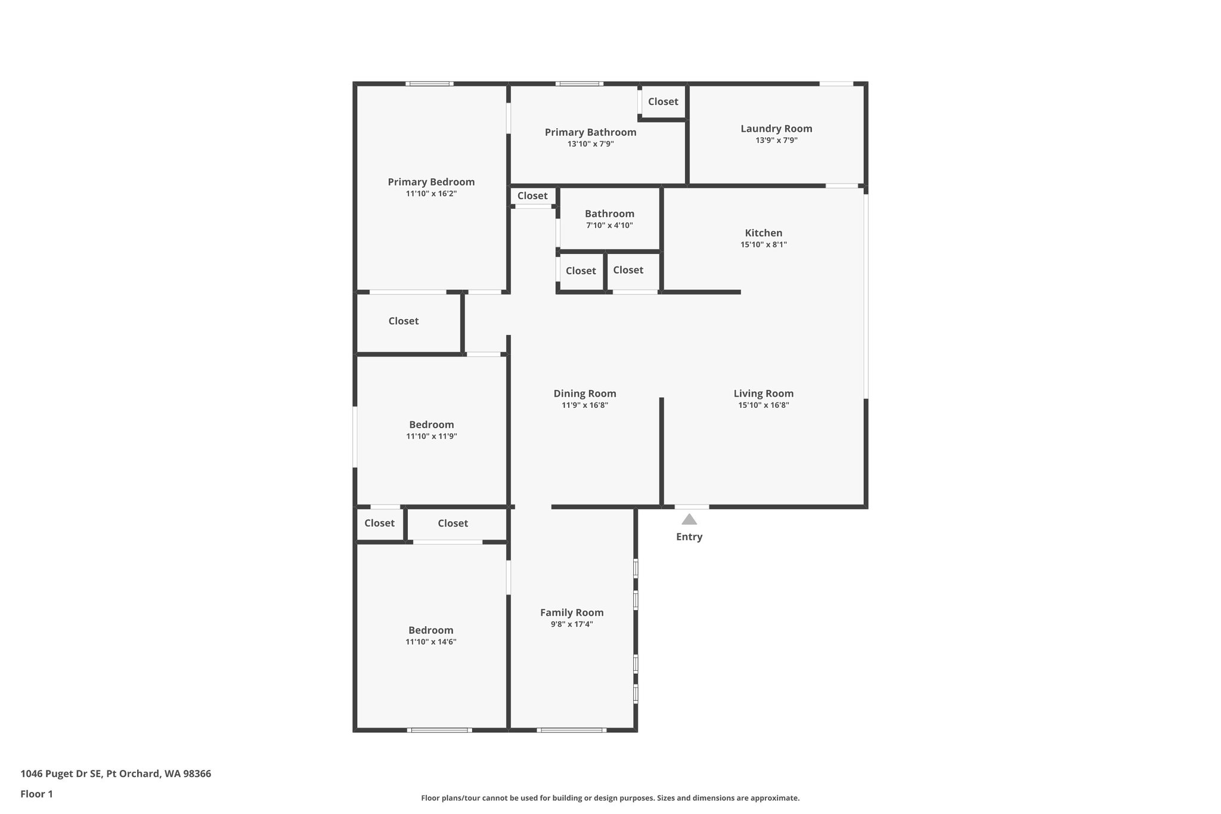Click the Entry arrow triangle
pos(689,519)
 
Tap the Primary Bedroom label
pos(431,182)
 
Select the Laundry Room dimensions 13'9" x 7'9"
pos(776,141)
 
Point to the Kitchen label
pos(763,233)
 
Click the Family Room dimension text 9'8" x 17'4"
pos(571,624)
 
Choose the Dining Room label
pos(584,394)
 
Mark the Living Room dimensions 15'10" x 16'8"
pos(763,406)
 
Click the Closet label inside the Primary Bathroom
pos(663,101)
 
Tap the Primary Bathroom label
pos(590,132)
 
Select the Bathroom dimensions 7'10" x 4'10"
pos(609,225)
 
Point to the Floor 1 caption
pos(36,794)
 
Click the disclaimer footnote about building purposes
pos(610,798)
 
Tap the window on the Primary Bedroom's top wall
pos(429,83)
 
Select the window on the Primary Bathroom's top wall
pos(579,83)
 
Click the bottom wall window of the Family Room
pos(571,730)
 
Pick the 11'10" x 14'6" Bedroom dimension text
pos(430,642)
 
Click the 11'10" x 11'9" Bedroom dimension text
pos(431,437)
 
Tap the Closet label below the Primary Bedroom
pos(403,321)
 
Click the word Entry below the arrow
pos(689,537)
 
